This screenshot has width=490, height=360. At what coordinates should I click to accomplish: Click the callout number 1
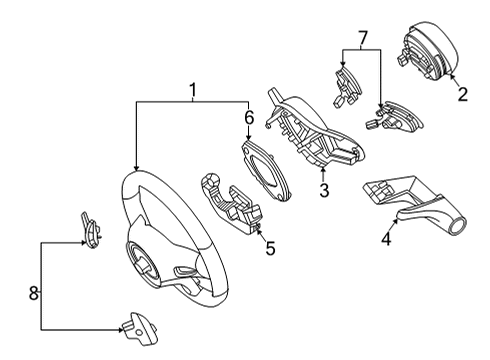pyautogui.click(x=192, y=90)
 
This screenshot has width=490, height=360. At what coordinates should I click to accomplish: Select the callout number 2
pyautogui.click(x=462, y=94)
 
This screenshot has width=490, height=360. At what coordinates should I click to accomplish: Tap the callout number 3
pyautogui.click(x=324, y=190)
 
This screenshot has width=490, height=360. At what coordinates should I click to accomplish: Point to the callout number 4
pyautogui.click(x=386, y=239)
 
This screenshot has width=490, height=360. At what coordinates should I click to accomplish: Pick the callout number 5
pyautogui.click(x=270, y=248)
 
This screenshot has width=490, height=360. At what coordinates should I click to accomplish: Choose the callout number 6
pyautogui.click(x=249, y=118)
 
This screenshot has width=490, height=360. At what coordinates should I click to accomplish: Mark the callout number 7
pyautogui.click(x=362, y=38)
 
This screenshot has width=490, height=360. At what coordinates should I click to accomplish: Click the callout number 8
pyautogui.click(x=34, y=293)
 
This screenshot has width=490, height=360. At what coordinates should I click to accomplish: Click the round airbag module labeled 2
pyautogui.click(x=428, y=51)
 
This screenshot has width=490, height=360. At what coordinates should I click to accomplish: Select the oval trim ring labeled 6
pyautogui.click(x=265, y=169)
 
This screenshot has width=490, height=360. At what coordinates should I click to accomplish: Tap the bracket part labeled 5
pyautogui.click(x=231, y=203)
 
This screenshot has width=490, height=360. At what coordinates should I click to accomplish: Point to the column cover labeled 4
pyautogui.click(x=414, y=204)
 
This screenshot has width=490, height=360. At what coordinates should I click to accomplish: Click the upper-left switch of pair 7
pyautogui.click(x=347, y=86)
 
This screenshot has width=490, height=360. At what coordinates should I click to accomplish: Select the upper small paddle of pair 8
pyautogui.click(x=91, y=230)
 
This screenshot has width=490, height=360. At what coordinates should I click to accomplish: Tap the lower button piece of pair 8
pyautogui.click(x=139, y=328)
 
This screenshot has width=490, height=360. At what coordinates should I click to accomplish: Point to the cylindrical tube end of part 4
pyautogui.click(x=457, y=226)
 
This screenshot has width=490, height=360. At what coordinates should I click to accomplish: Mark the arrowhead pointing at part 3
pyautogui.click(x=323, y=170)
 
